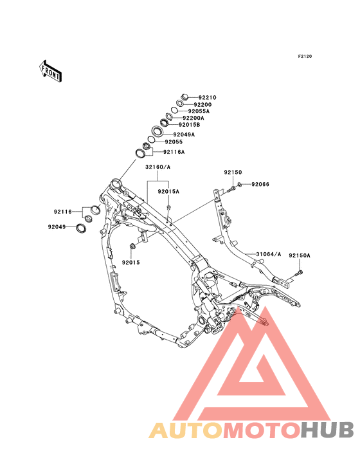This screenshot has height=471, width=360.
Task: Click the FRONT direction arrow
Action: click(x=50, y=71)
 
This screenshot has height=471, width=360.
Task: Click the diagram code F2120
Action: click(x=305, y=56)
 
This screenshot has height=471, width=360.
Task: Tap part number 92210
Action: click(x=207, y=97)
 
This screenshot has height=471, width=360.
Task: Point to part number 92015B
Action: click(x=189, y=125)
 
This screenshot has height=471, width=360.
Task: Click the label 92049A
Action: click(x=184, y=134)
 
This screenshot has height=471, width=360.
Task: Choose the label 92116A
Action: click(x=174, y=152)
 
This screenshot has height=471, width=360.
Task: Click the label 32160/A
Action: click(x=157, y=167)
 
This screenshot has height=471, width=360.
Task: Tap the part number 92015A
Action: click(x=168, y=191)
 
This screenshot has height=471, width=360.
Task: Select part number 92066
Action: click(x=260, y=184)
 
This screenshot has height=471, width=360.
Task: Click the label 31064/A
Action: click(x=269, y=254)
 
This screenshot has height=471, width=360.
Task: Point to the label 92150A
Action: click(x=300, y=255)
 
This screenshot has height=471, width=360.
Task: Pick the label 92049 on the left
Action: click(x=57, y=227)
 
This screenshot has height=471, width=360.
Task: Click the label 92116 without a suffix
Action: click(x=63, y=212)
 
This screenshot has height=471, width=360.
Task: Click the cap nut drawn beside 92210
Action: click(x=184, y=97)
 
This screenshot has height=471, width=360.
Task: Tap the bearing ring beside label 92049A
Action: click(x=157, y=131)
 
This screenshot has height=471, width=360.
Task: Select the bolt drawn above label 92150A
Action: click(x=300, y=273)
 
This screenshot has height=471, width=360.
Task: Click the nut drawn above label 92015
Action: click(x=132, y=246)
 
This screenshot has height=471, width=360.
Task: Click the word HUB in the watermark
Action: click(x=328, y=430)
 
